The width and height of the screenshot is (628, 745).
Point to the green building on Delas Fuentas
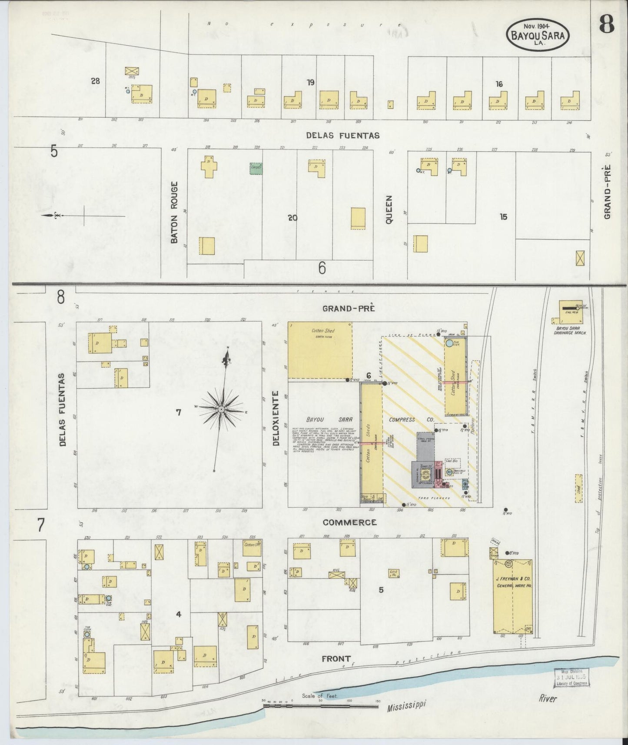click(256, 168)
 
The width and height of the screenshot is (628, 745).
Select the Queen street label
click(389, 209)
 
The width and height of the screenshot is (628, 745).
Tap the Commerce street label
click(349, 522)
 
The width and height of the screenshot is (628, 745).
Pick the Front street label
click(336, 659)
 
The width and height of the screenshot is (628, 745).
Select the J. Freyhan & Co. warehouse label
click(513, 582)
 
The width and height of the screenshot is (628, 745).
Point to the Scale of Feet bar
click(320, 706)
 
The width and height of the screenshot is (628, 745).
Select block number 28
click(96, 80)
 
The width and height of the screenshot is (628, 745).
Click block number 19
click(310, 82)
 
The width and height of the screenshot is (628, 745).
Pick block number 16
click(499, 84)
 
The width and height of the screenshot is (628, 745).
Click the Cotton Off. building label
click(252, 545)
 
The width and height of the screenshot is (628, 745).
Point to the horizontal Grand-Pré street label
click(349, 308)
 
